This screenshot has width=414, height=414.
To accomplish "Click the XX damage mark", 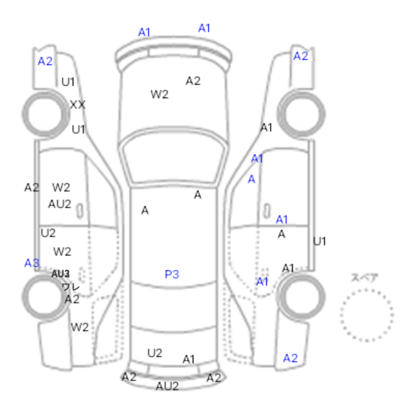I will pos(77,105).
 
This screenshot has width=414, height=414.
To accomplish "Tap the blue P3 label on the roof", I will pos(172,274).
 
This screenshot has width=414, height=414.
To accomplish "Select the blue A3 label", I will pos(32,263).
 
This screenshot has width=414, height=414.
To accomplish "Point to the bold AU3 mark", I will pos(60,274).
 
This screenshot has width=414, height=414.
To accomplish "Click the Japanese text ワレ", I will pos(70,287).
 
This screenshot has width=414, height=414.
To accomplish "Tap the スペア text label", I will pos(364,277).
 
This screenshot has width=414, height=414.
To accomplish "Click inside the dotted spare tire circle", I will pos(367,315).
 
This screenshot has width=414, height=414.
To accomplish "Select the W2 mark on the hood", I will pos(159,94).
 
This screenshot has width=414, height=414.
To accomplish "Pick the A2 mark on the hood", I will pos(193,81).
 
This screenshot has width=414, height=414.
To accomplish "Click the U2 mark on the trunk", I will pos(154,353).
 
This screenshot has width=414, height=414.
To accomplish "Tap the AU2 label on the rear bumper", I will pos(167,386).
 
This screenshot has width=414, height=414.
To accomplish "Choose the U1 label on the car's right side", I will pos(319,241).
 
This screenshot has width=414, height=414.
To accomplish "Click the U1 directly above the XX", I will pos(68,82).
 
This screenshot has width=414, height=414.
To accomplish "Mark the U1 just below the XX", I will pos(78,129).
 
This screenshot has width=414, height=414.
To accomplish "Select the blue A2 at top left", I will pos(45,61).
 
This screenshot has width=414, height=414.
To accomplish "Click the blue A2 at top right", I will pos(301,56).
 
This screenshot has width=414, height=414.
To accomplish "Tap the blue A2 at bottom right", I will pos(290,358).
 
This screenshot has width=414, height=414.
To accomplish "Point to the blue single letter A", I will pos(251,179).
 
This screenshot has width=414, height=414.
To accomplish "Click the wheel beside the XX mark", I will pos(44,112).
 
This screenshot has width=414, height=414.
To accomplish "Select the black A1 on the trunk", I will pos(189,359).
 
